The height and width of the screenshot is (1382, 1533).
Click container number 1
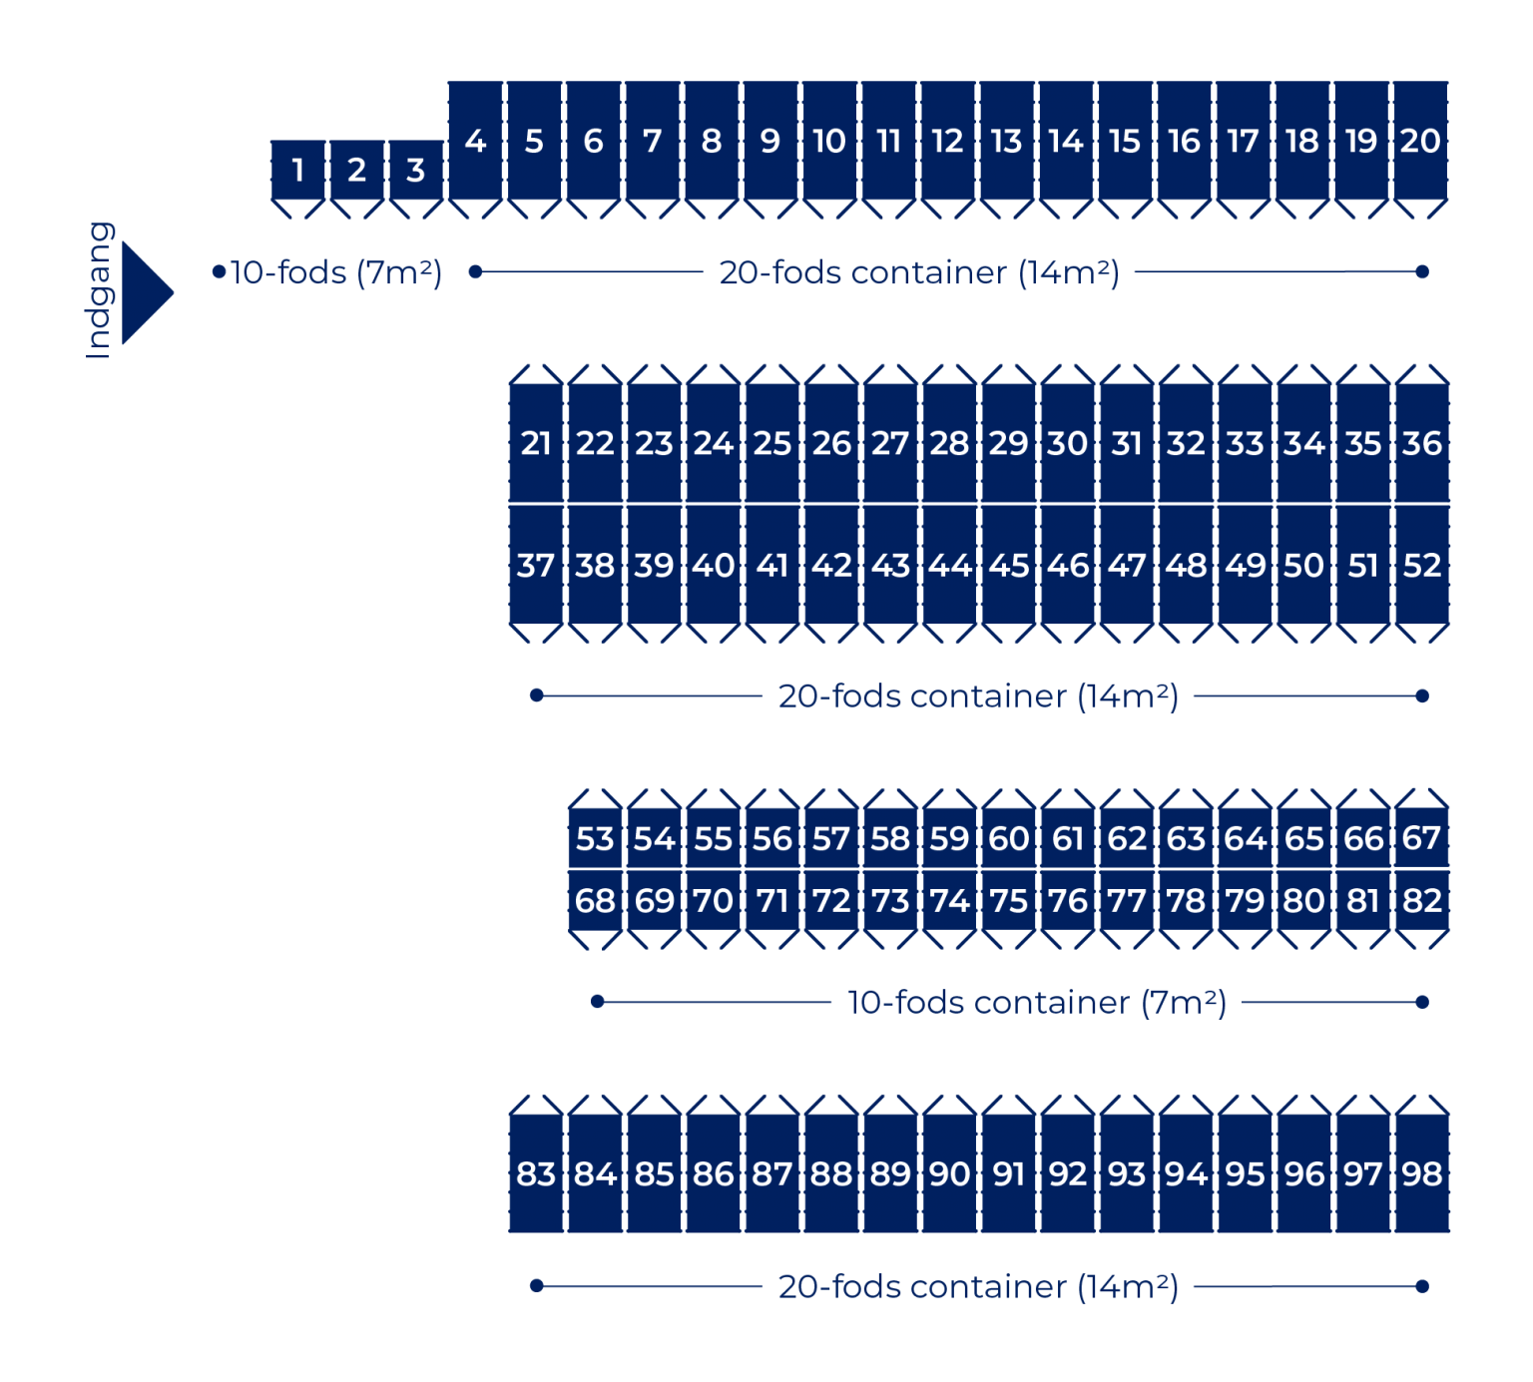click(297, 170)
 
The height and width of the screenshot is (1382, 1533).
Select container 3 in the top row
click(415, 170)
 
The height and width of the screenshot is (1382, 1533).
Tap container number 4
click(475, 141)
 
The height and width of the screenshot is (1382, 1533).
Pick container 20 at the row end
click(1420, 141)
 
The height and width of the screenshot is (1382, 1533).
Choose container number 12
click(947, 141)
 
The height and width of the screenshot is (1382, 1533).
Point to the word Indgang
click(99, 290)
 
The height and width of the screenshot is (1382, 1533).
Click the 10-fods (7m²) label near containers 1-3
click(336, 272)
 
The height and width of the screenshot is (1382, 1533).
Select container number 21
click(536, 443)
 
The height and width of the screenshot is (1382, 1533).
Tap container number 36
click(1421, 443)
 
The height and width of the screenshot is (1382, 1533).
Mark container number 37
click(536, 565)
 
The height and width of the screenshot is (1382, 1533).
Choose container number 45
click(1008, 565)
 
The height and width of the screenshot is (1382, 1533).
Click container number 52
click(1421, 565)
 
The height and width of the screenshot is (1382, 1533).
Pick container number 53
click(595, 838)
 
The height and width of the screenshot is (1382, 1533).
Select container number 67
click(1421, 838)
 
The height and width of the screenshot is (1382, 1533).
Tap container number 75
click(1008, 900)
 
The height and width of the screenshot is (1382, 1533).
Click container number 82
click(1421, 900)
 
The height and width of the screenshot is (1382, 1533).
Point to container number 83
click(536, 1173)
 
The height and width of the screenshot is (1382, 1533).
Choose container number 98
click(1421, 1173)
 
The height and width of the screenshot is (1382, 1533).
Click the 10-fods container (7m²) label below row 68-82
click(1037, 1002)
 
